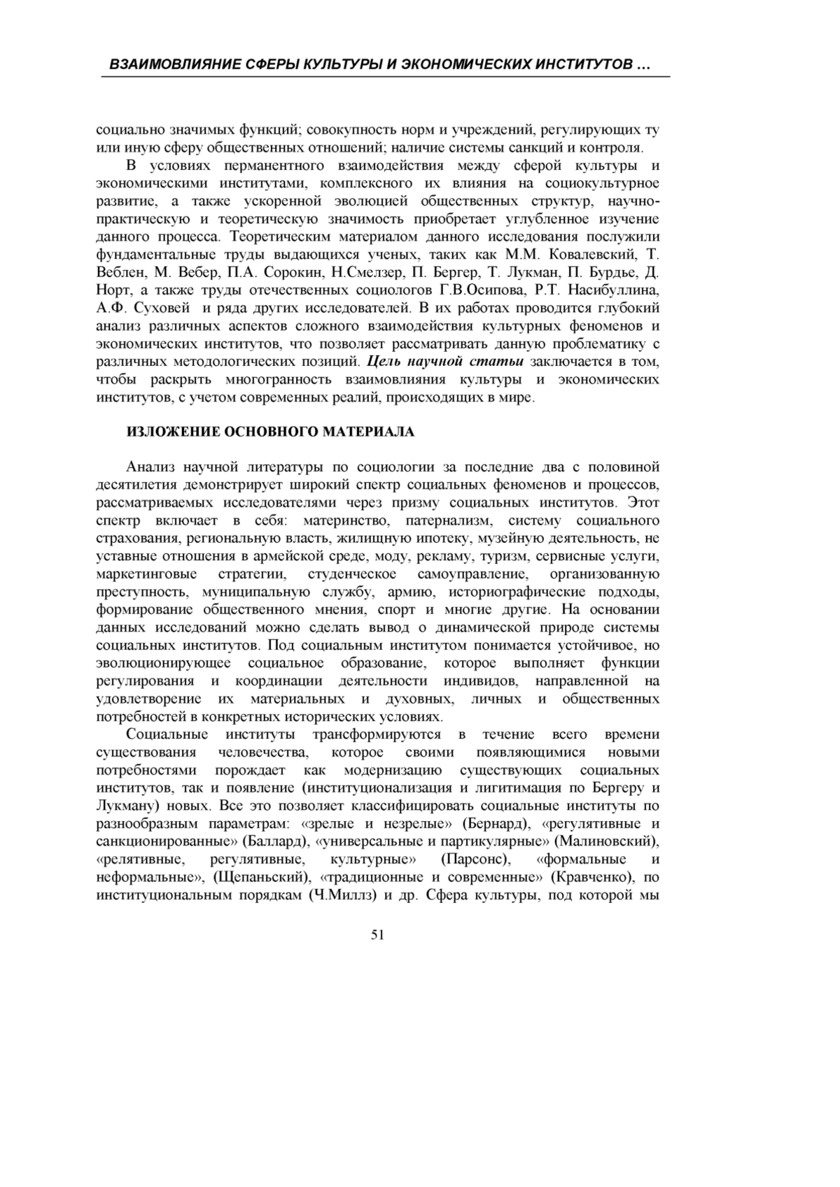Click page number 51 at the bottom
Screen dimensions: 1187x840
coord(377,935)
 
